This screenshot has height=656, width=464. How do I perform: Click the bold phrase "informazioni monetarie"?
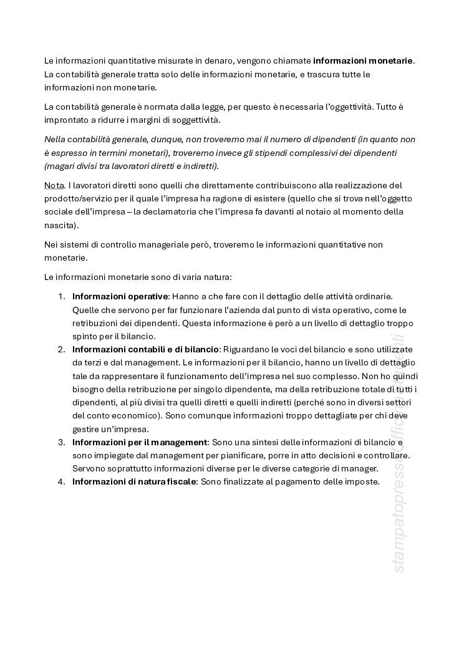(363, 60)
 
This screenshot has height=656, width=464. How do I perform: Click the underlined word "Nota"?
(54, 185)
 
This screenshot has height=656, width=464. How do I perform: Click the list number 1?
(61, 297)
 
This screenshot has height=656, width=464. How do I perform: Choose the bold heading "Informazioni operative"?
(120, 297)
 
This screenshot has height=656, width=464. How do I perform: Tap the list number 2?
(61, 349)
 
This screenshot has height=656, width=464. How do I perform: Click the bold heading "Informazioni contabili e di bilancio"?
(145, 349)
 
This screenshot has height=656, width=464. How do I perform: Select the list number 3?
(61, 441)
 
